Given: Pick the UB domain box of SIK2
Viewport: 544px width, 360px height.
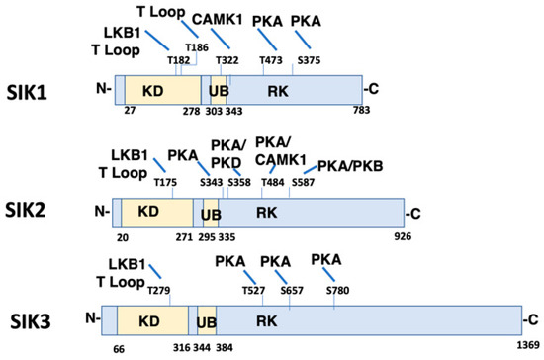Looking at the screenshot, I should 210,211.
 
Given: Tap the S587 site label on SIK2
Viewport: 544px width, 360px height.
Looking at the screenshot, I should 303,182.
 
